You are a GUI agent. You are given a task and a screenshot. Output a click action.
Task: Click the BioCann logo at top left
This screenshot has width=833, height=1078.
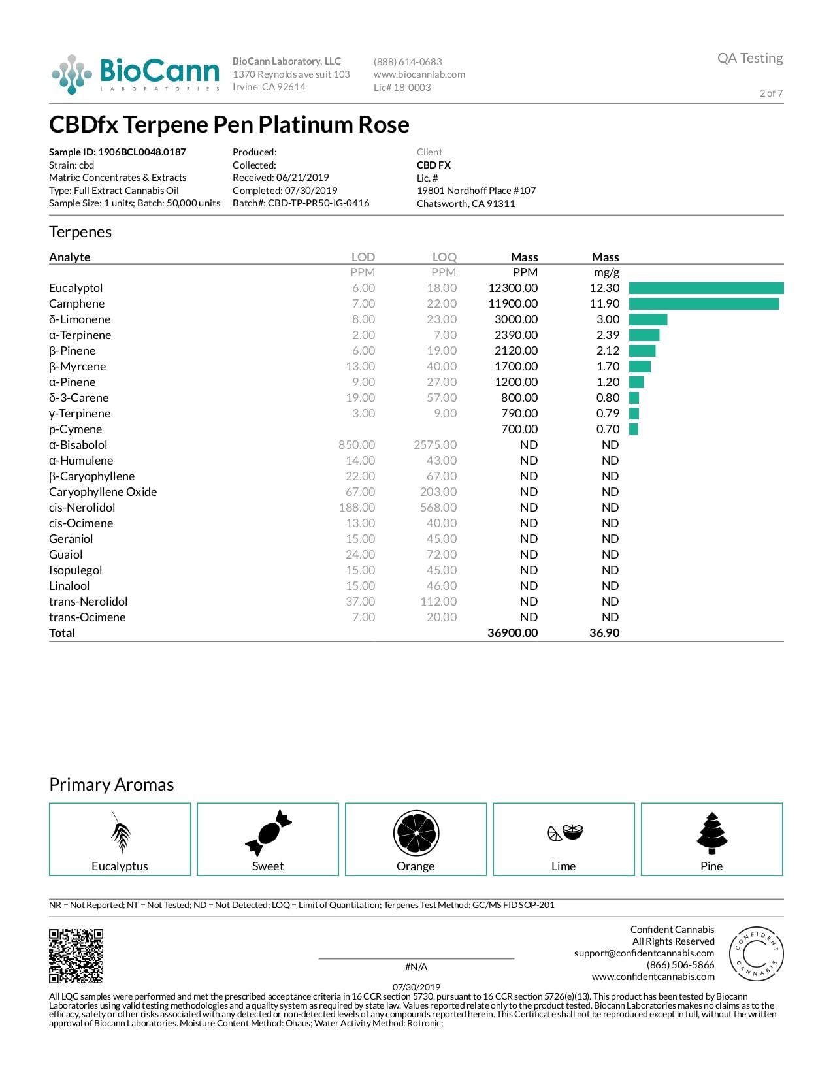pyautogui.click(x=135, y=74)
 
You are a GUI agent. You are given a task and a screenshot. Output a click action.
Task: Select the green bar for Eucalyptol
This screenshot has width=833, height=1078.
pyautogui.click(x=706, y=288)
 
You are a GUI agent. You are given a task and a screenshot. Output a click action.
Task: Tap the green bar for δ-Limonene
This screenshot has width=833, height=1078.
pyautogui.click(x=647, y=319)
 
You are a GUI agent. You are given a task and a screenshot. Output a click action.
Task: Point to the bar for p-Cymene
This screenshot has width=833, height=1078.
pyautogui.click(x=633, y=429)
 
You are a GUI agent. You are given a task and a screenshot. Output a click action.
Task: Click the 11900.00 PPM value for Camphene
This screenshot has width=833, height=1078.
pyautogui.click(x=513, y=304)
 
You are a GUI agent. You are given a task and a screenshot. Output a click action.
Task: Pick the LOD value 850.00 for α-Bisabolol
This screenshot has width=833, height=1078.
pyautogui.click(x=357, y=445)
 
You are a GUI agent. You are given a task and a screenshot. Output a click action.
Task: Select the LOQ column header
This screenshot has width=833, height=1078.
pyautogui.click(x=444, y=257)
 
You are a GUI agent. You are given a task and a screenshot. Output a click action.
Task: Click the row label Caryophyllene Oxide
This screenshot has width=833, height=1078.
pyautogui.click(x=103, y=492)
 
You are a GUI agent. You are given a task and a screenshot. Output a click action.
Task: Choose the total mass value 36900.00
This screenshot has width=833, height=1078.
pyautogui.click(x=513, y=633)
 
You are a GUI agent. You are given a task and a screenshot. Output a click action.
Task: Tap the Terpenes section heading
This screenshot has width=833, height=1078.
pyautogui.click(x=80, y=232)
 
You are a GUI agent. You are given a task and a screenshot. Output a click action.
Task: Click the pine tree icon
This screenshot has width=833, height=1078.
pyautogui.click(x=711, y=833)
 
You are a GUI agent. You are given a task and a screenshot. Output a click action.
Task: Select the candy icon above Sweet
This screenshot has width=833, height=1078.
pyautogui.click(x=268, y=833)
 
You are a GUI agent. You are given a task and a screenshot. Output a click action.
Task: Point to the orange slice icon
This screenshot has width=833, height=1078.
pyautogui.click(x=416, y=833)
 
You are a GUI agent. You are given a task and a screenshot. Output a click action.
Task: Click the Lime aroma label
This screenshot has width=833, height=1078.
pyautogui.click(x=563, y=866)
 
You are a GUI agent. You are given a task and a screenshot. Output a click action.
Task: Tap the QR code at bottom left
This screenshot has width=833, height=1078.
pyautogui.click(x=76, y=956)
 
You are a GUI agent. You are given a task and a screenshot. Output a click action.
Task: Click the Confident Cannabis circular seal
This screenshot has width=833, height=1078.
pyautogui.click(x=755, y=953)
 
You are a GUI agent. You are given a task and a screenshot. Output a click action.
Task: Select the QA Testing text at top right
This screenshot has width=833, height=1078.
pyautogui.click(x=749, y=58)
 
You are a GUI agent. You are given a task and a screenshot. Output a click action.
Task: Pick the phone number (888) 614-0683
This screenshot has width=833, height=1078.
pyautogui.click(x=408, y=62)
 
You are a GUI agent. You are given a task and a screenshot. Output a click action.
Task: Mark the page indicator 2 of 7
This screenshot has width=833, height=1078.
pyautogui.click(x=771, y=93)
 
